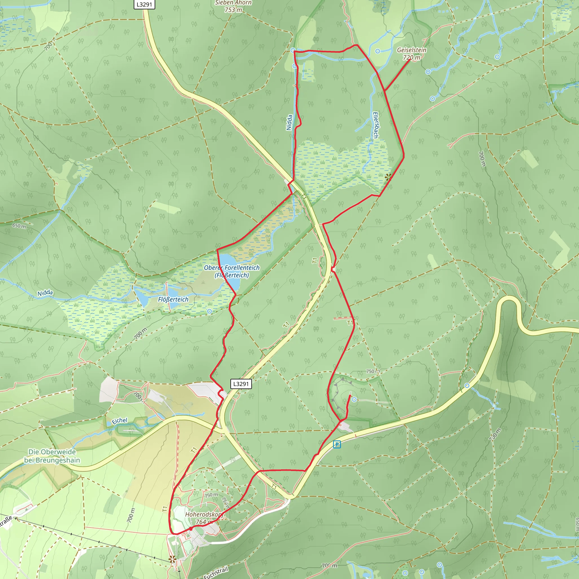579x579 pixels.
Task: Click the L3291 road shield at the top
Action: (x=144, y=5)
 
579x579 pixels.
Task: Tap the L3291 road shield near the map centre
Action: (x=241, y=384)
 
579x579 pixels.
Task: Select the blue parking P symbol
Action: (x=337, y=444)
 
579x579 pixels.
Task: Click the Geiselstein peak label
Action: (x=411, y=50)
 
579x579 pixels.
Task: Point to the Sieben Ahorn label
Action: (x=233, y=3)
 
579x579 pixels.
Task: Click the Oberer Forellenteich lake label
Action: (x=232, y=268)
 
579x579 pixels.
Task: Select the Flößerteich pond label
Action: (x=173, y=299)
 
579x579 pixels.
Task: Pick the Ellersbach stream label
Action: (x=375, y=125)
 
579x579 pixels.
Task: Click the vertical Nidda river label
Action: (x=289, y=122)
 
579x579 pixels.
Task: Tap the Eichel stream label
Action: (x=120, y=421)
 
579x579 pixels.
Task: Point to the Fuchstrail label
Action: (x=216, y=572)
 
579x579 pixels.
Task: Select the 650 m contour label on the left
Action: (x=19, y=226)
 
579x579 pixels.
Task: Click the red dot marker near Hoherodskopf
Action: (x=191, y=529)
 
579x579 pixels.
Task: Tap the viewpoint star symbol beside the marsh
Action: (x=388, y=177)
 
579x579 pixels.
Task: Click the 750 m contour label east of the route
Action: (x=373, y=371)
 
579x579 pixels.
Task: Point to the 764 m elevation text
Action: (x=204, y=522)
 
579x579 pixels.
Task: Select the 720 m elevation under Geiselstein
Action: (x=411, y=58)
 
